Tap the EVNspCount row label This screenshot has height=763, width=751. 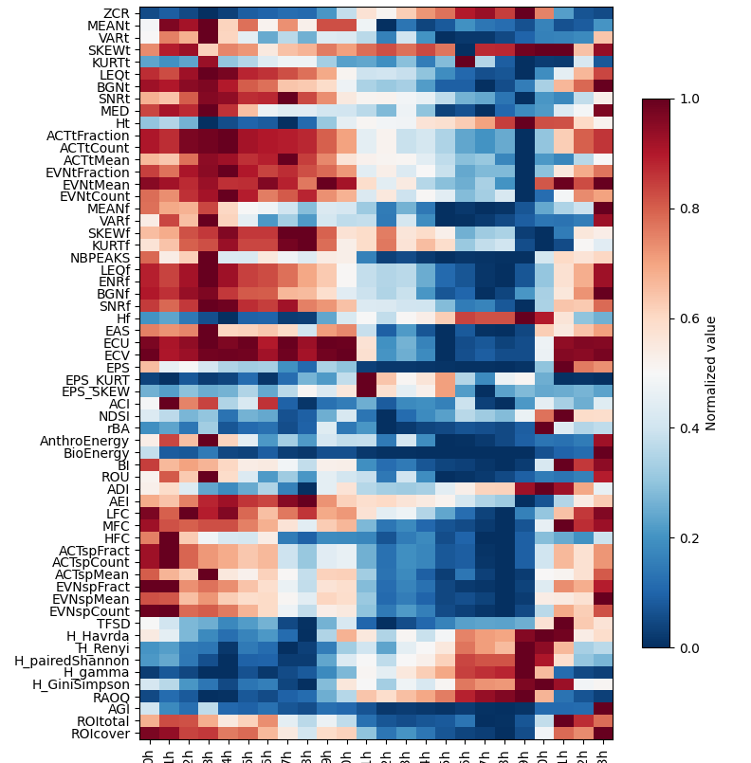tap(92, 611)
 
